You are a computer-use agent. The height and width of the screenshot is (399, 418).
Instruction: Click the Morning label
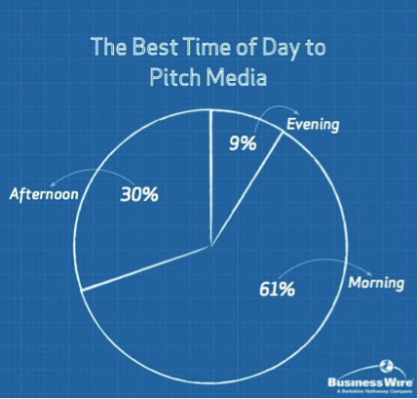coord(375,284)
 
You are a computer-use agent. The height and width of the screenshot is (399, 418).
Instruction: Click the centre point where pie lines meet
coord(211,248)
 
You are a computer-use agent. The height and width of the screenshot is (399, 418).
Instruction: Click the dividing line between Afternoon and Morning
coord(146,268)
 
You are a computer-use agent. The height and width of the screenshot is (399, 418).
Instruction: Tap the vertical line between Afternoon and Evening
coord(211,185)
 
